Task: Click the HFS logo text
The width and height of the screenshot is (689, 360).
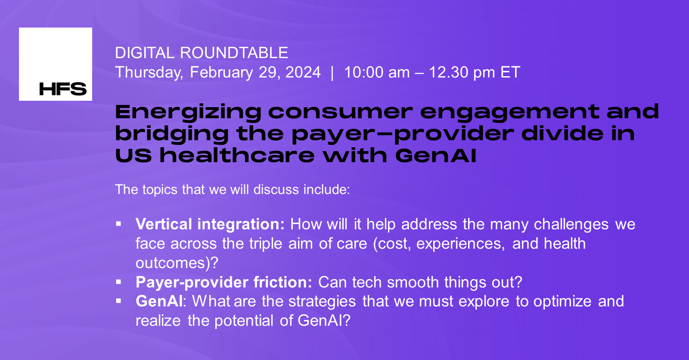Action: click(x=63, y=89)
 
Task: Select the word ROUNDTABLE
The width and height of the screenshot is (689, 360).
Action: click(x=234, y=53)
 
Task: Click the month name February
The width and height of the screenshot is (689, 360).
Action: click(x=221, y=72)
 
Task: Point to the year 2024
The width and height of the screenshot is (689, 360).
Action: click(x=303, y=72)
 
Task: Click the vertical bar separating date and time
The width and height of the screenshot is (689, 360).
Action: click(x=332, y=72)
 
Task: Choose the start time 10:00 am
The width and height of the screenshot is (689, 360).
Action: click(x=377, y=72)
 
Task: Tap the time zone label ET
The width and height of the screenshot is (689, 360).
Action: click(x=510, y=72)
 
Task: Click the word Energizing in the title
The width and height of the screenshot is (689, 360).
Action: click(x=188, y=112)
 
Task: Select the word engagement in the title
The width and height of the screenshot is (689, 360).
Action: click(x=509, y=112)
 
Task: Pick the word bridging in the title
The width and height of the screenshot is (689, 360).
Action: click(x=172, y=134)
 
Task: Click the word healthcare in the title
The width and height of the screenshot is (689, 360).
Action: click(x=237, y=155)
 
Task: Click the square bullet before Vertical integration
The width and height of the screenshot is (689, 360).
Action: click(x=119, y=224)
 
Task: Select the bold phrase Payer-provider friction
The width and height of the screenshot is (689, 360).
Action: click(x=223, y=282)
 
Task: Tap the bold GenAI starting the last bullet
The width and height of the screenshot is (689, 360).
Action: click(x=159, y=301)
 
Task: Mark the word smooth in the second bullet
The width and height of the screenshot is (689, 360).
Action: click(x=413, y=282)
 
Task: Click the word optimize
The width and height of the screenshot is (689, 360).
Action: click(x=562, y=301)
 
